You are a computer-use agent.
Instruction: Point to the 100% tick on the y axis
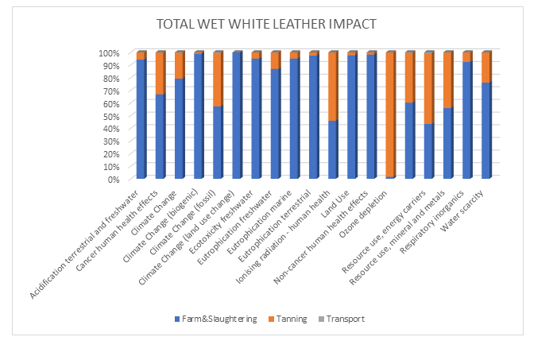tap(109, 53)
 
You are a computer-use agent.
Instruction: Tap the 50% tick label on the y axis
tap(110, 116)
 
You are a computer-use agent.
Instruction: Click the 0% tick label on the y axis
tap(113, 180)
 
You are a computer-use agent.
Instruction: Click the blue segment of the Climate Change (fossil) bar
tap(218, 142)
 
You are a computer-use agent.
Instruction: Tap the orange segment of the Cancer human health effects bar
tap(160, 73)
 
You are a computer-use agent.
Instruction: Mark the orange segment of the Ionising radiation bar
tap(333, 86)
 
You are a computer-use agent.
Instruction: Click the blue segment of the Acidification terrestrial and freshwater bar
tap(141, 119)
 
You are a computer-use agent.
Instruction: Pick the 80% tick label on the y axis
tap(110, 79)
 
